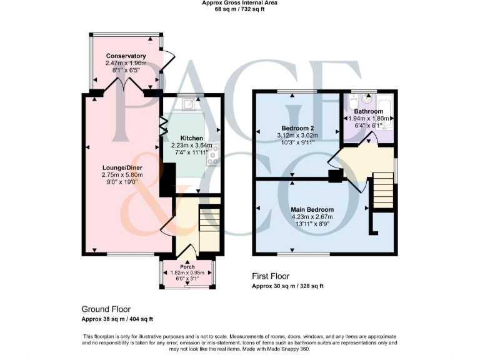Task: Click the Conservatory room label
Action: coord(126,56)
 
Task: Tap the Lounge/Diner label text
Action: coord(123,167)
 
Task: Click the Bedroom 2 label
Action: coord(297,128)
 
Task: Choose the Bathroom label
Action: coord(368,111)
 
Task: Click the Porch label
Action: coord(187,267)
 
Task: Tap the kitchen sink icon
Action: coord(187,103)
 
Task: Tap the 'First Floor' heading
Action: coord(271,276)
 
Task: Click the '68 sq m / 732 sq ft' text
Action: coord(239,10)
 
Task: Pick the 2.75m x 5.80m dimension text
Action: coord(123,175)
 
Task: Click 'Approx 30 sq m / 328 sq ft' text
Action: coord(287,286)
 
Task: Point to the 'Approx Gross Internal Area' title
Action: coord(239,3)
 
